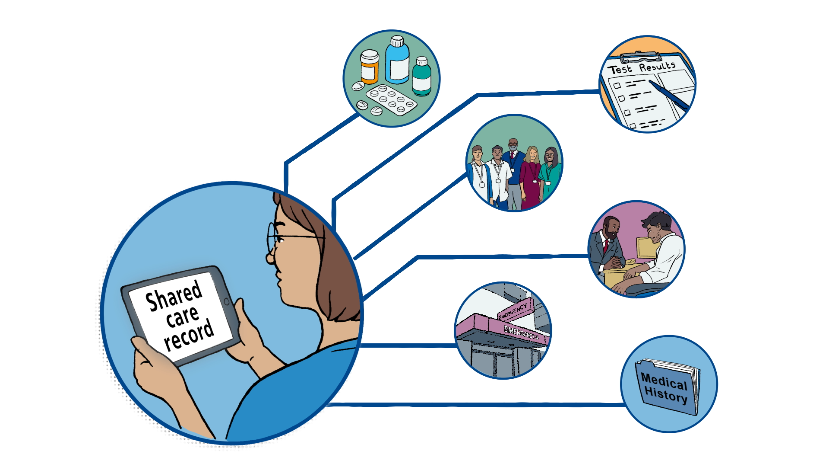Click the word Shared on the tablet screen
tap(174, 296)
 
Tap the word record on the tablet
tap(189, 335)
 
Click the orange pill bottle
tap(369, 67)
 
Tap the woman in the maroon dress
tap(531, 179)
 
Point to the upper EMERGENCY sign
tap(514, 310)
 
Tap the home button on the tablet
tap(226, 301)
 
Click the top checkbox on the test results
tap(617, 86)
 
